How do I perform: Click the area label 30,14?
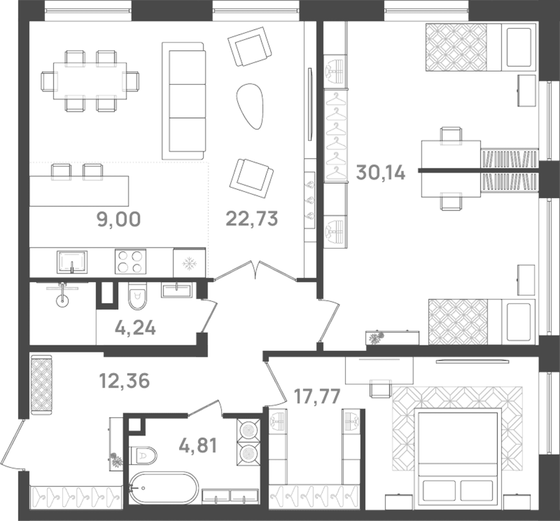coord(381,173)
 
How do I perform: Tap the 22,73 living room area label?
coord(252,219)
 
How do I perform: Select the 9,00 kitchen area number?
coord(119,220)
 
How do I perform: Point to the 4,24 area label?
coord(135,328)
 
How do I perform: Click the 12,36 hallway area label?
coord(124,381)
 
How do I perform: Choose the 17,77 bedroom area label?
coord(317,396)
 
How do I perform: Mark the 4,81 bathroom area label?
coord(198,446)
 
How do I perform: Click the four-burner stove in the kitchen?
coord(131,262)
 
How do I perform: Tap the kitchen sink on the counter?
coord(72,262)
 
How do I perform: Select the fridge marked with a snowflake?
coord(189,263)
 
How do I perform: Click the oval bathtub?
coord(164,488)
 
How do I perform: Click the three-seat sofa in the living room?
coord(184,101)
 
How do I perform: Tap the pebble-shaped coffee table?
coord(250,106)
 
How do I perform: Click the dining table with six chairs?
coord(90,81)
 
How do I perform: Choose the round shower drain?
coord(62,301)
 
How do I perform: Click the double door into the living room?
coord(255,270)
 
